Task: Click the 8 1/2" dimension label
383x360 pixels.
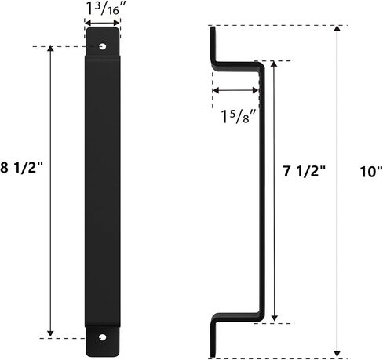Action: (21, 167)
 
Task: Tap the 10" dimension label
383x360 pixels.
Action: (371, 172)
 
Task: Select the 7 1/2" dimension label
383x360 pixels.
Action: (305, 171)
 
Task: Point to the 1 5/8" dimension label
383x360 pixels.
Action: (239, 116)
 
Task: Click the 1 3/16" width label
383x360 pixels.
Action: (106, 9)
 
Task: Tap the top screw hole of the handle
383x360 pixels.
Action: (102, 47)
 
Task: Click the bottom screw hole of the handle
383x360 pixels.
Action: (103, 337)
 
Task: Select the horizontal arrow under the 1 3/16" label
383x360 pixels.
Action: (103, 23)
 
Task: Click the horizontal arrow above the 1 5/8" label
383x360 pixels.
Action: (235, 90)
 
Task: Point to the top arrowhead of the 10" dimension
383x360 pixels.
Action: (337, 28)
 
